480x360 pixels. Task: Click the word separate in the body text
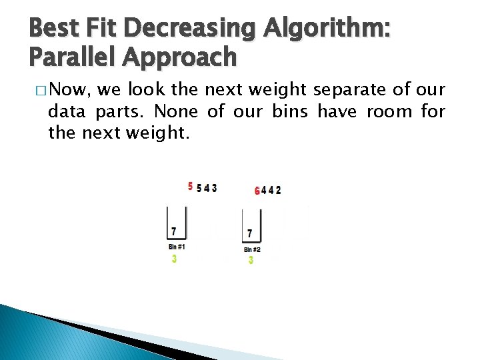tap(367, 90)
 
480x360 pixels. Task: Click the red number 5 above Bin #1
tap(190, 186)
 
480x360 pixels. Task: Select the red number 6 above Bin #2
tap(257, 191)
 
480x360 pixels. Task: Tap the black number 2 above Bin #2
tap(278, 190)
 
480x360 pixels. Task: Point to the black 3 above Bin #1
tap(214, 188)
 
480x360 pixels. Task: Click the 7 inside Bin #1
tap(174, 231)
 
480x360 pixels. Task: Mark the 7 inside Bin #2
tap(249, 234)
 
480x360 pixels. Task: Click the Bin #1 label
tap(177, 247)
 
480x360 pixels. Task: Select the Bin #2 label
tap(251, 249)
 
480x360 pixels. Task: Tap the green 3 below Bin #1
tap(174, 259)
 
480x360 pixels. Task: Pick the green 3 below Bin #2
tap(251, 260)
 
